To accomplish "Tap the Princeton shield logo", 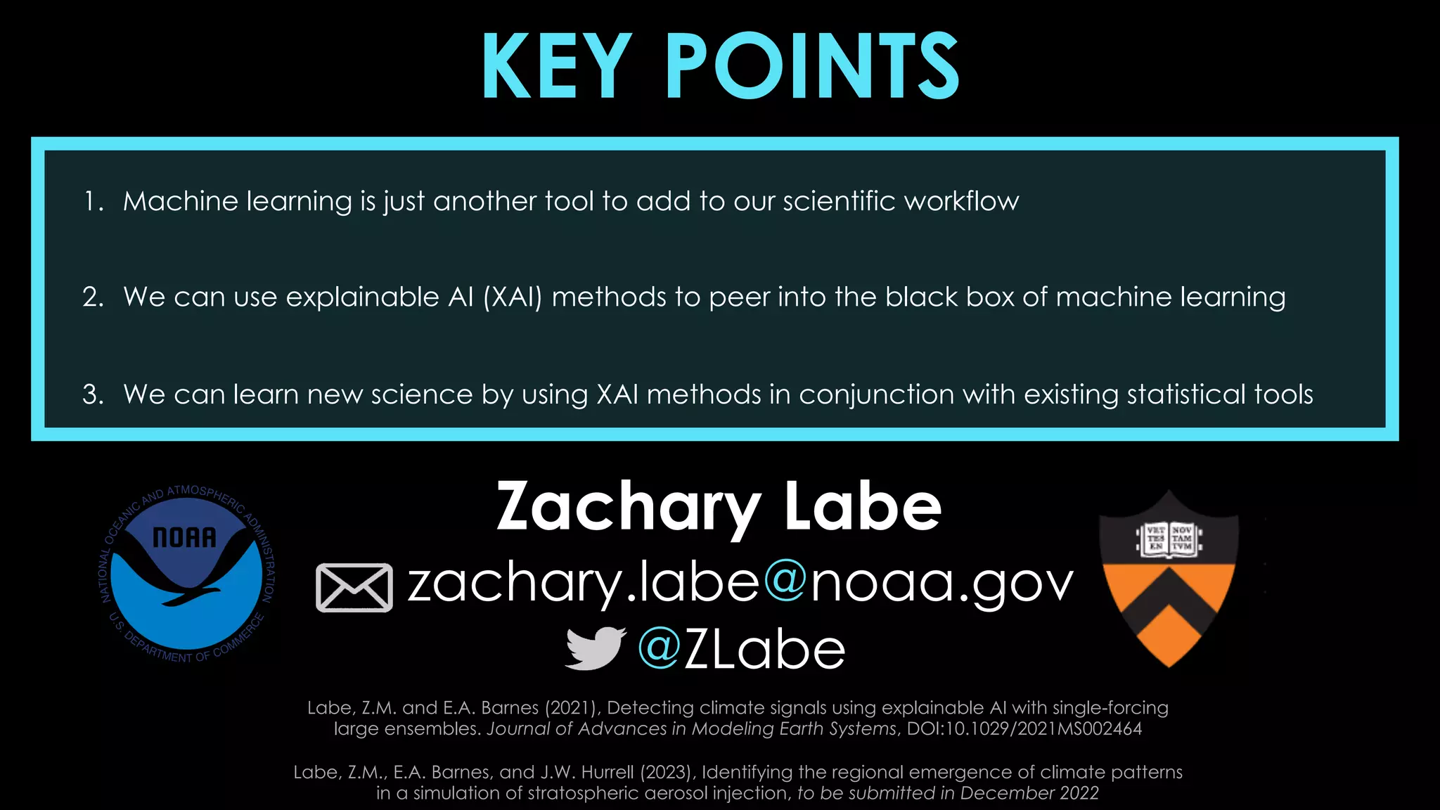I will [x=1168, y=579].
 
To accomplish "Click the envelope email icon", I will [x=354, y=588].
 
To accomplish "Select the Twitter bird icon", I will [x=595, y=648].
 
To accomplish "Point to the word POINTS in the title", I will [x=812, y=67].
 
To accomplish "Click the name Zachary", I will [x=629, y=508].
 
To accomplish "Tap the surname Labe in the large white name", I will [x=863, y=508].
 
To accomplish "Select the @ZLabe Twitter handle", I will [x=741, y=649].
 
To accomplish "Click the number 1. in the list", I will [x=94, y=202].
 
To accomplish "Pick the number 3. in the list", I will [x=94, y=394].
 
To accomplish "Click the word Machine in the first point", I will [x=181, y=202].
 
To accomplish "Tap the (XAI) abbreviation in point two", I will [x=513, y=297].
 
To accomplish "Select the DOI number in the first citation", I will [x=1024, y=728].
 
